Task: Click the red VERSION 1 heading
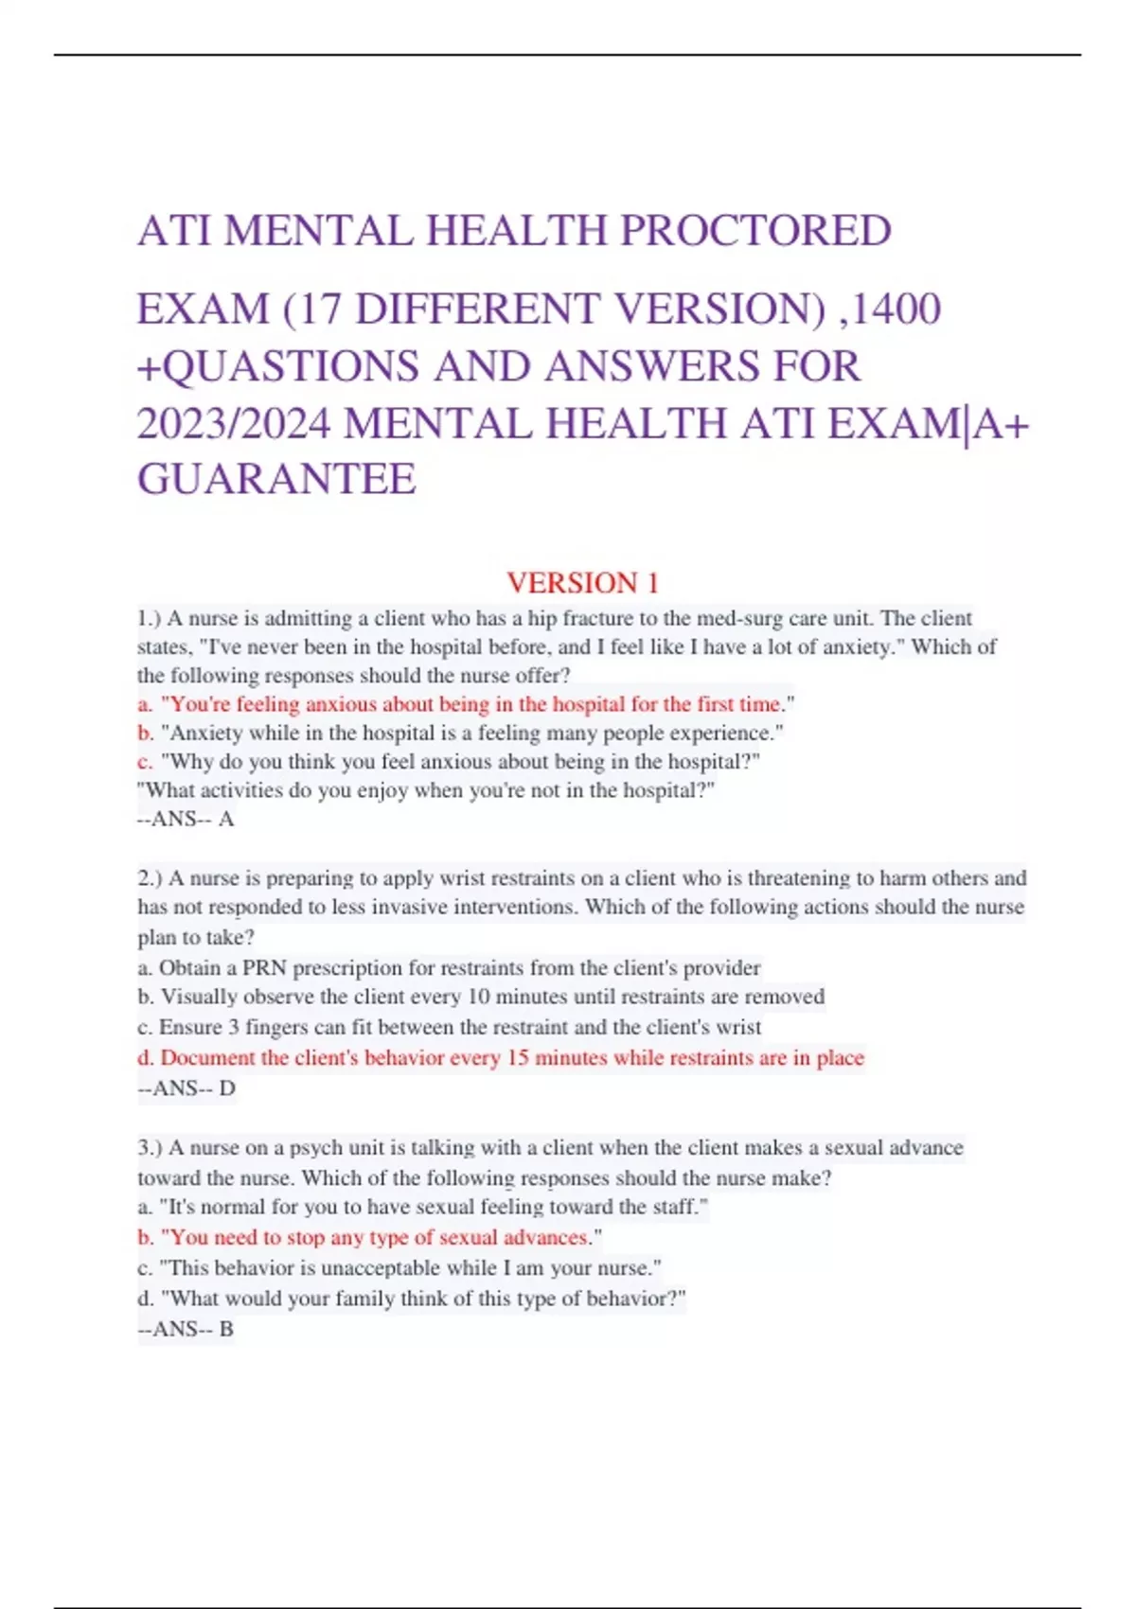(582, 582)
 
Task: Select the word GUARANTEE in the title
(276, 478)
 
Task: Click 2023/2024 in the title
(234, 423)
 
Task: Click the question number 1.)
(150, 619)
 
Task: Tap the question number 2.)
(150, 878)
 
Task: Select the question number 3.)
(150, 1148)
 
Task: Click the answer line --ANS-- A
(186, 819)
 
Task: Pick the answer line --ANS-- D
(186, 1088)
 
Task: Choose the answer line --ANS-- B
(186, 1329)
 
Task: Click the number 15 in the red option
(518, 1058)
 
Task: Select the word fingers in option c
(283, 1027)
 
